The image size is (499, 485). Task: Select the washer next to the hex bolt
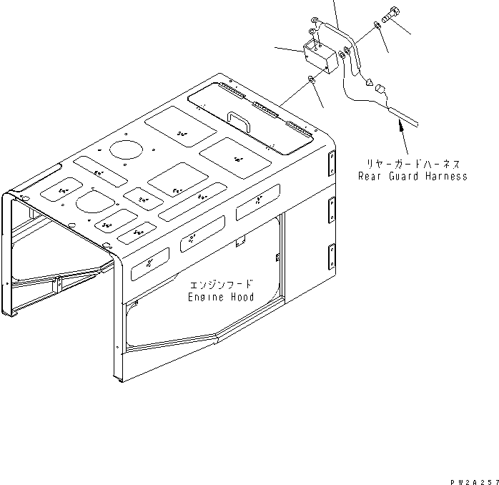[376, 26]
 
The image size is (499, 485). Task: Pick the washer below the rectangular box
[313, 80]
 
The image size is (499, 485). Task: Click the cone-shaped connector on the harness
[370, 82]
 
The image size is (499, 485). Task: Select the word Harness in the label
[444, 177]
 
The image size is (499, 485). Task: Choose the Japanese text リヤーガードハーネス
[414, 164]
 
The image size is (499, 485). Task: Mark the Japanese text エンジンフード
[224, 284]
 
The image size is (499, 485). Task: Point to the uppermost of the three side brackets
[332, 162]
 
